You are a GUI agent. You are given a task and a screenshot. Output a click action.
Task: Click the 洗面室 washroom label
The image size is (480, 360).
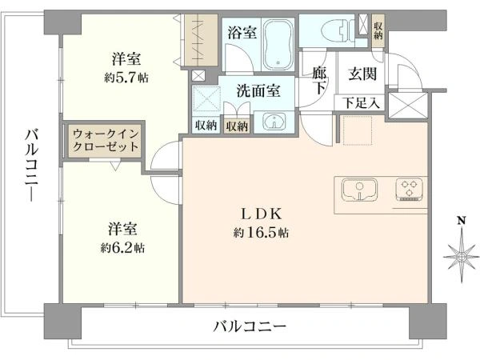[x=257, y=91]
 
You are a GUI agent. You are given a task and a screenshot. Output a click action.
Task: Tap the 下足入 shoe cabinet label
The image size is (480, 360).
[x=362, y=102]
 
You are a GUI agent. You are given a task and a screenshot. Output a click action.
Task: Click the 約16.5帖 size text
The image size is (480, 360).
[x=262, y=233]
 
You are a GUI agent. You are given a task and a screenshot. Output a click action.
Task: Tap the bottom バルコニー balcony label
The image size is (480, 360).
[x=250, y=326]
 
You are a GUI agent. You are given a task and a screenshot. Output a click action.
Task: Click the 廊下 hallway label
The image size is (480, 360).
[x=320, y=80]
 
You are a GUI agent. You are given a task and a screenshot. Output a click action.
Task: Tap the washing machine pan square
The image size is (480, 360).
[x=207, y=102]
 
